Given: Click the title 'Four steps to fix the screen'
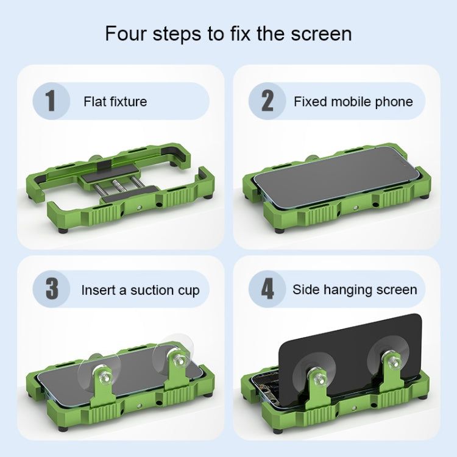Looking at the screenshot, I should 228,33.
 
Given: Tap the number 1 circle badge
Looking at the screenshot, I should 49,101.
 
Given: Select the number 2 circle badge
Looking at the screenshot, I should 267,101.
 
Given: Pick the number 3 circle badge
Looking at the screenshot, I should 51,289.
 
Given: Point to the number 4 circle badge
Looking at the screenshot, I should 267,289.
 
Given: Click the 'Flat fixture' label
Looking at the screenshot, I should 115,101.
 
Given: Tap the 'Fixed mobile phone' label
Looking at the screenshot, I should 353,101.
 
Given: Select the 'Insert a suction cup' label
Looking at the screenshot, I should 140,290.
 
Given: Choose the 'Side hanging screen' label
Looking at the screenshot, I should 355,289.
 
